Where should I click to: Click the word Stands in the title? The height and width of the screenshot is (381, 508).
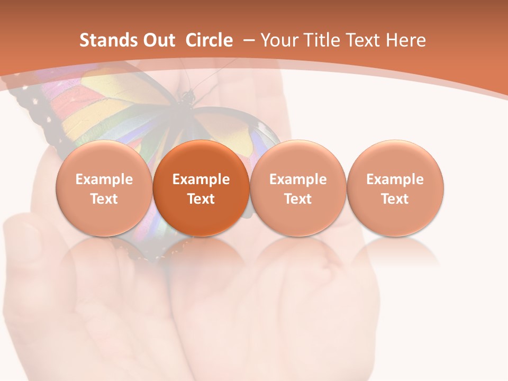103,41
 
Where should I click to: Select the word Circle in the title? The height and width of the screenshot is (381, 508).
209,41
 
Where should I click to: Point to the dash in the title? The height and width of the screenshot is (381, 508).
247,40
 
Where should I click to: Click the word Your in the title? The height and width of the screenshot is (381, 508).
278,41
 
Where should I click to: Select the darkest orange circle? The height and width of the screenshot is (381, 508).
201,188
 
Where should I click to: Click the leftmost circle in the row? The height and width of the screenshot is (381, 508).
104,188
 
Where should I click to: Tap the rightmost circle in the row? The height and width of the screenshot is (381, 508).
395,188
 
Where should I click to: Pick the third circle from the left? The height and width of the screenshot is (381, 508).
298,188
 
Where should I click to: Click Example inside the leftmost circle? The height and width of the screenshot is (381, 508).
104,179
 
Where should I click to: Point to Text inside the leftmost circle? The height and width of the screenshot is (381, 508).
104,199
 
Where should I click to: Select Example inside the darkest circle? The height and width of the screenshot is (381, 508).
201,179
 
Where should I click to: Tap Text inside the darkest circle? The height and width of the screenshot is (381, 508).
201,199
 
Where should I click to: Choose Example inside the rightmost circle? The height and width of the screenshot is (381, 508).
395,179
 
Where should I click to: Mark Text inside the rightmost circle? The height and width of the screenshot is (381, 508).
395,199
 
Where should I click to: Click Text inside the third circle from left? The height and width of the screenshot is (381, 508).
298,199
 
